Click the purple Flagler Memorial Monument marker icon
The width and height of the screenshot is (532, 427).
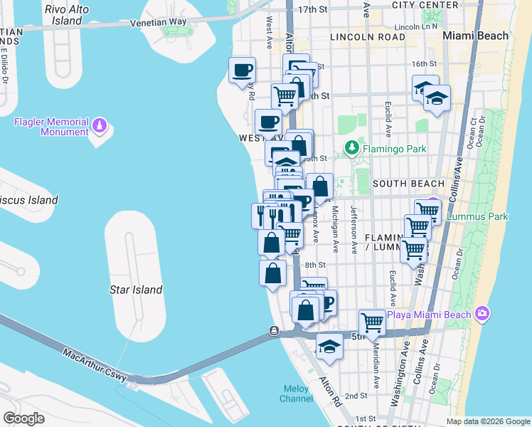100,126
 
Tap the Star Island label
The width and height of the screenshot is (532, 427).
136,290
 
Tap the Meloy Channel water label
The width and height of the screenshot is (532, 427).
296,393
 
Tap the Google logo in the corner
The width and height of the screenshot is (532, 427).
23,418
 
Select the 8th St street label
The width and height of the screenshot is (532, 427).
314,265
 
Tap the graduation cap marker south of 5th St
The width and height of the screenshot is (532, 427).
329,346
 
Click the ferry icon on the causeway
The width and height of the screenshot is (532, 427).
274,331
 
